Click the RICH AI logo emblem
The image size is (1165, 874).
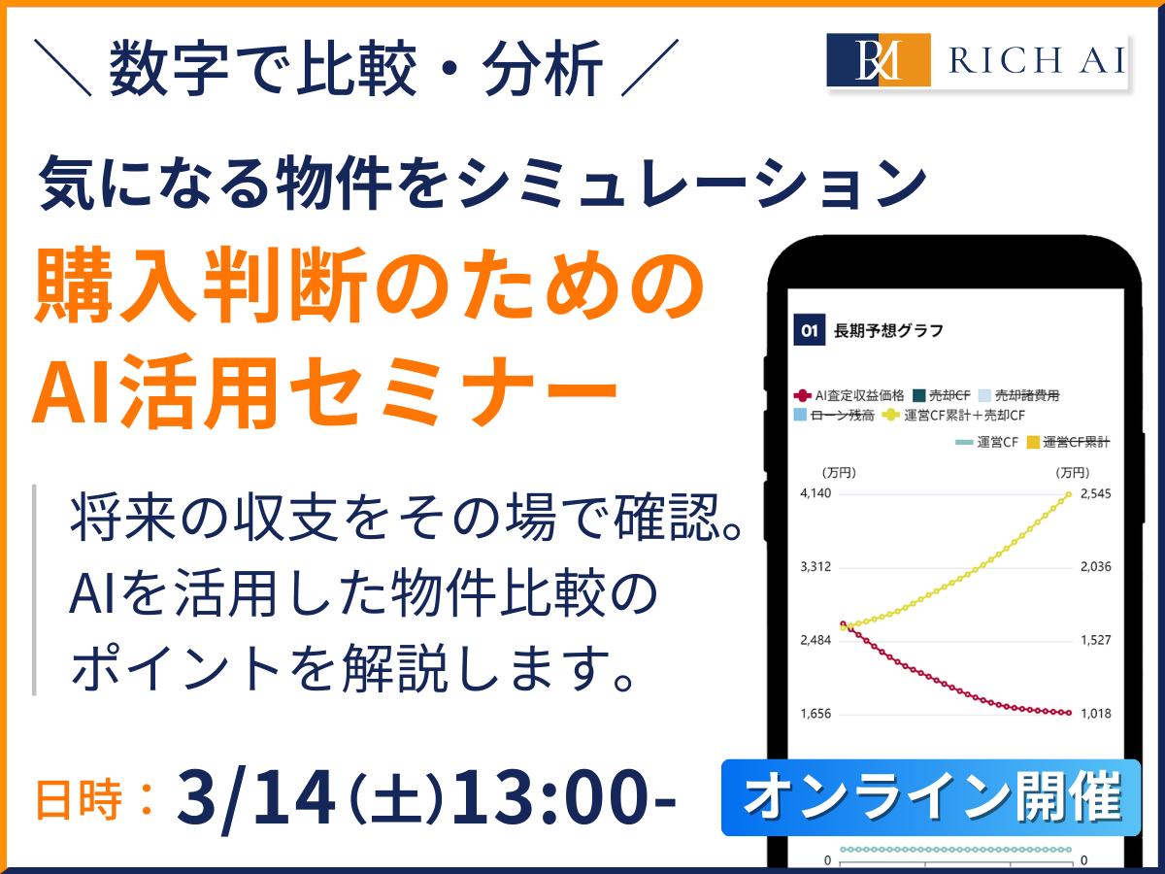pos(879,60)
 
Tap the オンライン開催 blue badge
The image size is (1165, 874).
pos(931,798)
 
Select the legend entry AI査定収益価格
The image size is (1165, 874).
pos(849,395)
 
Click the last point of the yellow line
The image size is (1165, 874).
pos(1069,494)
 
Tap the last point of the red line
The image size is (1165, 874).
pos(1069,713)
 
